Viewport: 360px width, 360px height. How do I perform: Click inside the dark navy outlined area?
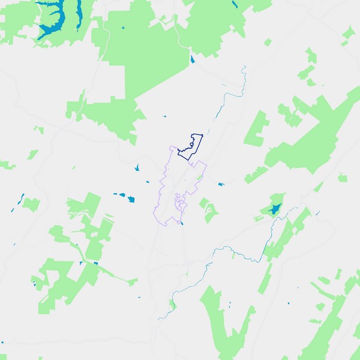click(x=191, y=148)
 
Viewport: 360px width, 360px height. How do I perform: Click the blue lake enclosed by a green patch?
click(x=275, y=209)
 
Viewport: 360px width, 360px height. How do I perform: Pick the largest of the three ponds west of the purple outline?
click(x=130, y=198)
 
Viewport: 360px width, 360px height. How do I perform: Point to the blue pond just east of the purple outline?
click(x=221, y=184)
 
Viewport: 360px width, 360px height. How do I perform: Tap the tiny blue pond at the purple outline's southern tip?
click(x=182, y=223)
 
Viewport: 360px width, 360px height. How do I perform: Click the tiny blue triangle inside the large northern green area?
click(x=123, y=29)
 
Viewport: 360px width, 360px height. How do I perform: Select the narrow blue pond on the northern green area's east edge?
click(x=192, y=59)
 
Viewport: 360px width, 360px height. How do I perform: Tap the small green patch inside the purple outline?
click(x=199, y=178)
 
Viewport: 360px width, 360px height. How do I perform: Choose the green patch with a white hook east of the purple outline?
click(x=208, y=210)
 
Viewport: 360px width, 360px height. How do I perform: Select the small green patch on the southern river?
click(x=173, y=304)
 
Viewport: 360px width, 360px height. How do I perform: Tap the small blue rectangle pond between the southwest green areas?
click(x=95, y=263)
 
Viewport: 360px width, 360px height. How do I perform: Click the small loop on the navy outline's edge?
click(x=191, y=143)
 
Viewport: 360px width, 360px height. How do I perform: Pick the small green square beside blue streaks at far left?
click(x=31, y=203)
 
